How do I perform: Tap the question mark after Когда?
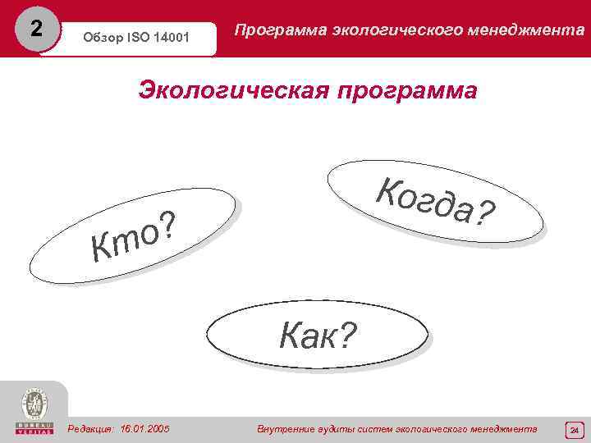486,216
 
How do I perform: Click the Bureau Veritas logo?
34,411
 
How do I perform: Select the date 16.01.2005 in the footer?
144,429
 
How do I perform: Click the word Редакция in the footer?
91,429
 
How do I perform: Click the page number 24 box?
575,430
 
